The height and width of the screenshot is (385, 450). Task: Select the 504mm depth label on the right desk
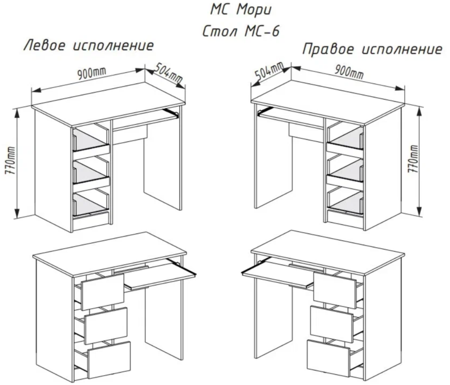click(x=268, y=71)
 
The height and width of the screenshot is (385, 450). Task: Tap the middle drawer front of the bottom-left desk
click(x=106, y=325)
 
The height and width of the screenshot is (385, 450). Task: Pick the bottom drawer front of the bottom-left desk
click(x=109, y=359)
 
